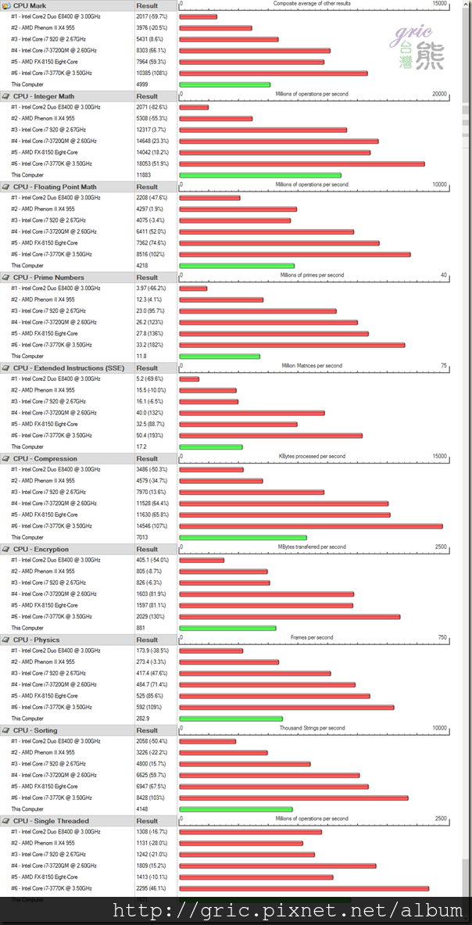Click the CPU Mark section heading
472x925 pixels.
[x=30, y=5]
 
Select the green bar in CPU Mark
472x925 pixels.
[x=225, y=84]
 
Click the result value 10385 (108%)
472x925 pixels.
[x=153, y=73]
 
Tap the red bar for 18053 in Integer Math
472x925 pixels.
[x=302, y=164]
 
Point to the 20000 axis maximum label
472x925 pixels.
[x=440, y=95]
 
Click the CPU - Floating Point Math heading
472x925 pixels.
[x=55, y=187]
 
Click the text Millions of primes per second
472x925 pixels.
[x=312, y=275]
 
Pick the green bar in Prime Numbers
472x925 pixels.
[x=220, y=357]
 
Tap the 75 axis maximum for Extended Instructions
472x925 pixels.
[x=444, y=366]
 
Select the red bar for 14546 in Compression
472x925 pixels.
[x=311, y=526]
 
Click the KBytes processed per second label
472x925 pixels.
[x=312, y=457]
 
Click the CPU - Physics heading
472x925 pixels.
[x=36, y=640]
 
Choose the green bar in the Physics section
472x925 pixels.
[x=231, y=719]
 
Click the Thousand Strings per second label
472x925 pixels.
[x=312, y=728]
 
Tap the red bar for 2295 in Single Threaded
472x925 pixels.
[x=304, y=888]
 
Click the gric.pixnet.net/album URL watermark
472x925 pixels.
[x=288, y=910]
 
